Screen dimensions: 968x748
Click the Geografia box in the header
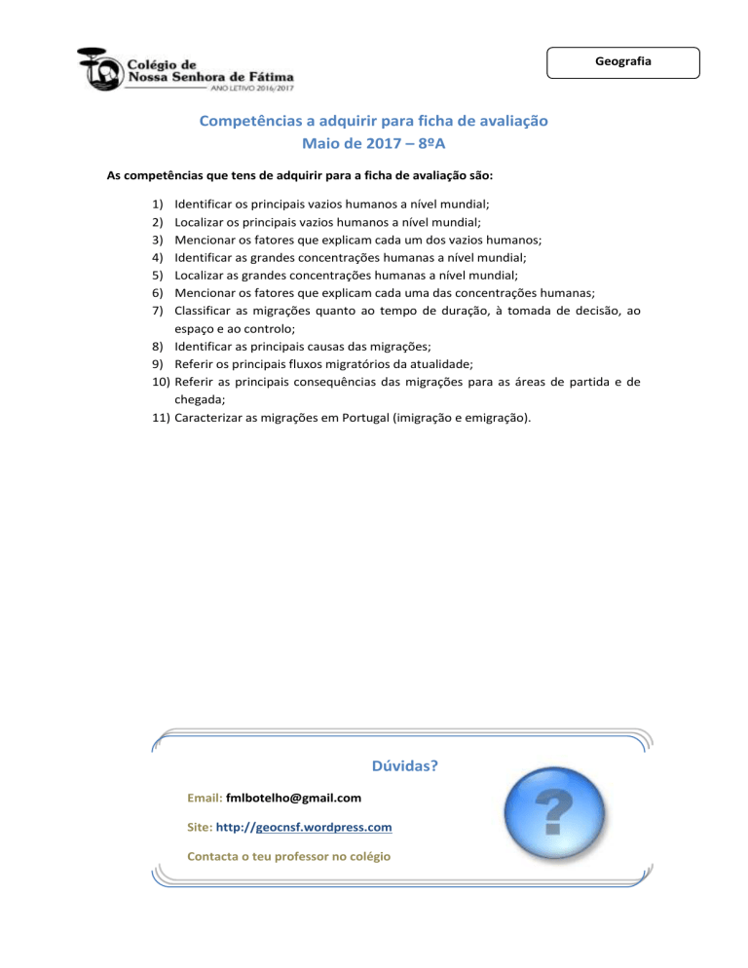coord(623,61)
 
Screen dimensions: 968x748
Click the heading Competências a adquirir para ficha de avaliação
coord(374,122)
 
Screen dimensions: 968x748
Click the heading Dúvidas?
coord(404,765)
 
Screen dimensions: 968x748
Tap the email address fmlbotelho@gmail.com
coord(293,798)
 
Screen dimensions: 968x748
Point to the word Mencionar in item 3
coord(206,240)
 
